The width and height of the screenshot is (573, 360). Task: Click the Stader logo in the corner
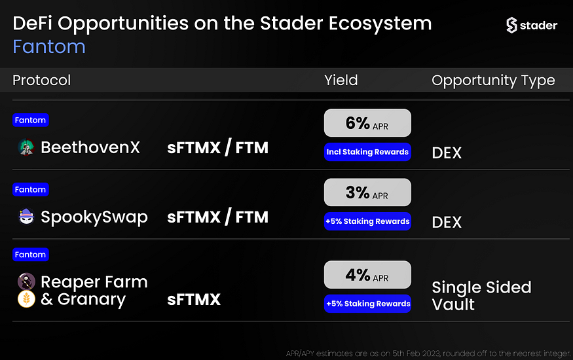tap(532, 25)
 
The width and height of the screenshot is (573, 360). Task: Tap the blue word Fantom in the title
tap(49, 46)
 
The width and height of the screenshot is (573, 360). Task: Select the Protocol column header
tap(42, 80)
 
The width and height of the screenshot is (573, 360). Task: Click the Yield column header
tap(341, 80)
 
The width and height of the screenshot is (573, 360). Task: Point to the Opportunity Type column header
tap(493, 81)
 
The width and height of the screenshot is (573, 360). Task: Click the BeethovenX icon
tap(26, 147)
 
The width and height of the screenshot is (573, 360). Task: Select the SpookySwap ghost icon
tap(26, 217)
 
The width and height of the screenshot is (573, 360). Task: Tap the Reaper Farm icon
tap(26, 281)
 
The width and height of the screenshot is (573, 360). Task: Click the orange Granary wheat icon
tap(26, 299)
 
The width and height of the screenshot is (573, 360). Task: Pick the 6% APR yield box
tap(367, 123)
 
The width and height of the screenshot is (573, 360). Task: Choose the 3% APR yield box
tap(367, 192)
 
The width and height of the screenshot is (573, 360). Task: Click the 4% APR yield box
tap(367, 274)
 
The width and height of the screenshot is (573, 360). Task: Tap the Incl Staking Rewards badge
tap(367, 152)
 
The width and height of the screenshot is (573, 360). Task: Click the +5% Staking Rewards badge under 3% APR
tap(367, 221)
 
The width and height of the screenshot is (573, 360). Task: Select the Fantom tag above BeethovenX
tap(30, 120)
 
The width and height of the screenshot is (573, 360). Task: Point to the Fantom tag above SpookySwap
tap(30, 190)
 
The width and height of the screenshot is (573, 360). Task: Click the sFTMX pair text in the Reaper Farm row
tap(194, 299)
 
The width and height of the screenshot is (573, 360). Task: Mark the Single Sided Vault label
tap(481, 296)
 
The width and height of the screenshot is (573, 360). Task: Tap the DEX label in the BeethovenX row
tap(447, 153)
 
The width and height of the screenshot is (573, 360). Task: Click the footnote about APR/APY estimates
tap(428, 353)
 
